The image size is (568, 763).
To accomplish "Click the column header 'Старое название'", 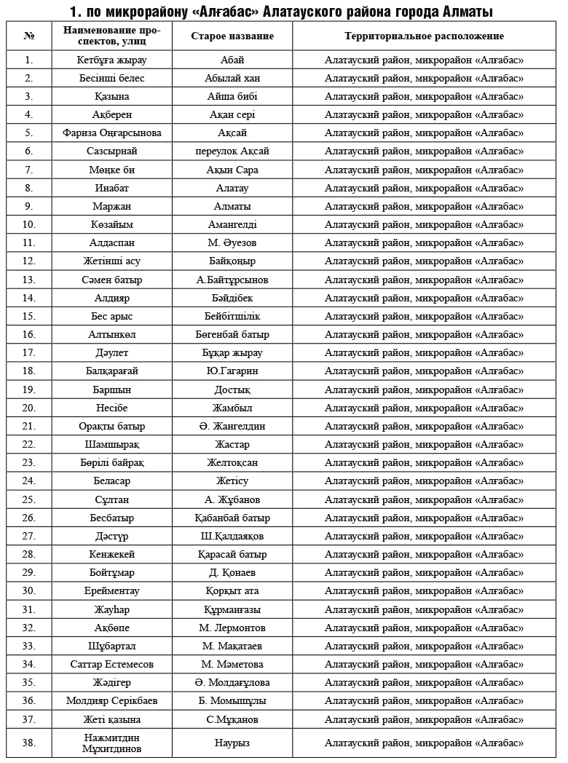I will (x=232, y=36).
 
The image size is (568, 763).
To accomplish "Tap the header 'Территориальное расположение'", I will (x=424, y=36).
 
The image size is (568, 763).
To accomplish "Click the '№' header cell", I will (x=28, y=36).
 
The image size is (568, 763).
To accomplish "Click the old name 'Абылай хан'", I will (x=232, y=78).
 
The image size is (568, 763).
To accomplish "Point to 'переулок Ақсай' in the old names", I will (x=232, y=151).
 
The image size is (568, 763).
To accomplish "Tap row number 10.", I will (x=28, y=224).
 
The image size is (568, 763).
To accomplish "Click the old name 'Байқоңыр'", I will (x=232, y=261).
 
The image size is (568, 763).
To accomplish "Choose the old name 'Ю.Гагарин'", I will (x=232, y=371).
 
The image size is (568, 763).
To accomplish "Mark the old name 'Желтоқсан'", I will (x=232, y=462).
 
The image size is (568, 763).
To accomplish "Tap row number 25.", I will (x=28, y=499).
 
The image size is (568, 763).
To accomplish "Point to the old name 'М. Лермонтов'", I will (x=232, y=628).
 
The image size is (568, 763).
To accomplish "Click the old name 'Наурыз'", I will (x=232, y=743).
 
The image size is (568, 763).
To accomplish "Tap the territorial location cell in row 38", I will (x=424, y=743).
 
